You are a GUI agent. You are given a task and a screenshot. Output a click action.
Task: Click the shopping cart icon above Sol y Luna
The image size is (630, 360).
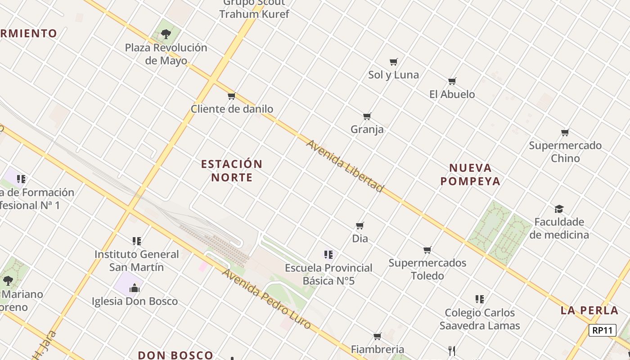click(x=394, y=62)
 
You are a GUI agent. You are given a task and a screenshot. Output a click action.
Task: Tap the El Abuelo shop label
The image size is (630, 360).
click(x=452, y=94)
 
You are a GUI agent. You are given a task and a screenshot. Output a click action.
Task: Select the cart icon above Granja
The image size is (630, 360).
click(x=367, y=117)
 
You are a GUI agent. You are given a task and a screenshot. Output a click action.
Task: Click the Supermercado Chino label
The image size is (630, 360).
click(x=565, y=152)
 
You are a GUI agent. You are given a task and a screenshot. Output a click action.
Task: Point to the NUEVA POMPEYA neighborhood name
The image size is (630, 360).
click(x=470, y=175)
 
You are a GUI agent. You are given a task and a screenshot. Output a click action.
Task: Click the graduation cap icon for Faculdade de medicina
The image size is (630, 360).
click(x=559, y=209)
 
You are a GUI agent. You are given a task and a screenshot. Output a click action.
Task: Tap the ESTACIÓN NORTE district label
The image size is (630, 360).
click(x=232, y=171)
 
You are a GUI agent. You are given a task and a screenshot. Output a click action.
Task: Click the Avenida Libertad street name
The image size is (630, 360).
click(x=345, y=166)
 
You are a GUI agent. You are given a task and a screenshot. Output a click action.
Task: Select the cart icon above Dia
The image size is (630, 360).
click(x=360, y=225)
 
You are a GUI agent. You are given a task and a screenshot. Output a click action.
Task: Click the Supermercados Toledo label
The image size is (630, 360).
click(x=427, y=269)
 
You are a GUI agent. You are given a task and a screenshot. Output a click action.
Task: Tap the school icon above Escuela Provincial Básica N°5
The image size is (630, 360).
click(x=328, y=255)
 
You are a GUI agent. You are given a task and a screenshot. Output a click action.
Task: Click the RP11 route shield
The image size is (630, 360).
click(x=602, y=330)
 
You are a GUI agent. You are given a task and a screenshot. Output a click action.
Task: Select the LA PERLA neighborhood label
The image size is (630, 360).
click(x=589, y=310)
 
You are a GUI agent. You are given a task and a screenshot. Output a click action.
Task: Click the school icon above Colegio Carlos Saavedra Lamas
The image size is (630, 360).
click(x=480, y=299)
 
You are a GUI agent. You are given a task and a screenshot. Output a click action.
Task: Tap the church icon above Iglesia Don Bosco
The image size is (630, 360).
click(x=135, y=288)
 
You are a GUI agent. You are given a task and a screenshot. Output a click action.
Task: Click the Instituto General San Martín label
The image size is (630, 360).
click(x=136, y=261)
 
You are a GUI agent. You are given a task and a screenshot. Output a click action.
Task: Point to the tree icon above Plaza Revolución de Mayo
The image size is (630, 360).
click(x=166, y=34)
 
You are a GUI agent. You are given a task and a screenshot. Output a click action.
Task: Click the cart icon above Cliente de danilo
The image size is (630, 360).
click(x=232, y=96)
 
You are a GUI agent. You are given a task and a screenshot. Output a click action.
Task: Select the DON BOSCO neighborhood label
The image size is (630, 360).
click(x=175, y=355)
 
